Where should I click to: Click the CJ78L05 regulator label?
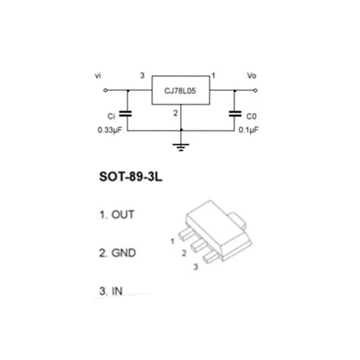click(180, 91)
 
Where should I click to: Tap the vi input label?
click(98, 75)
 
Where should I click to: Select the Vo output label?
click(251, 75)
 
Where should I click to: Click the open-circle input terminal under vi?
click(106, 90)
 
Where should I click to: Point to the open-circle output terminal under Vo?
click(255, 90)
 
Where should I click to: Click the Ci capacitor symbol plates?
click(125, 114)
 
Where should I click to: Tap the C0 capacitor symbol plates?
click(235, 114)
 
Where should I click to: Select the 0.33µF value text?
click(110, 130)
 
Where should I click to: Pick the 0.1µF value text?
click(248, 130)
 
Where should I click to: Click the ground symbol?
click(181, 147)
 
